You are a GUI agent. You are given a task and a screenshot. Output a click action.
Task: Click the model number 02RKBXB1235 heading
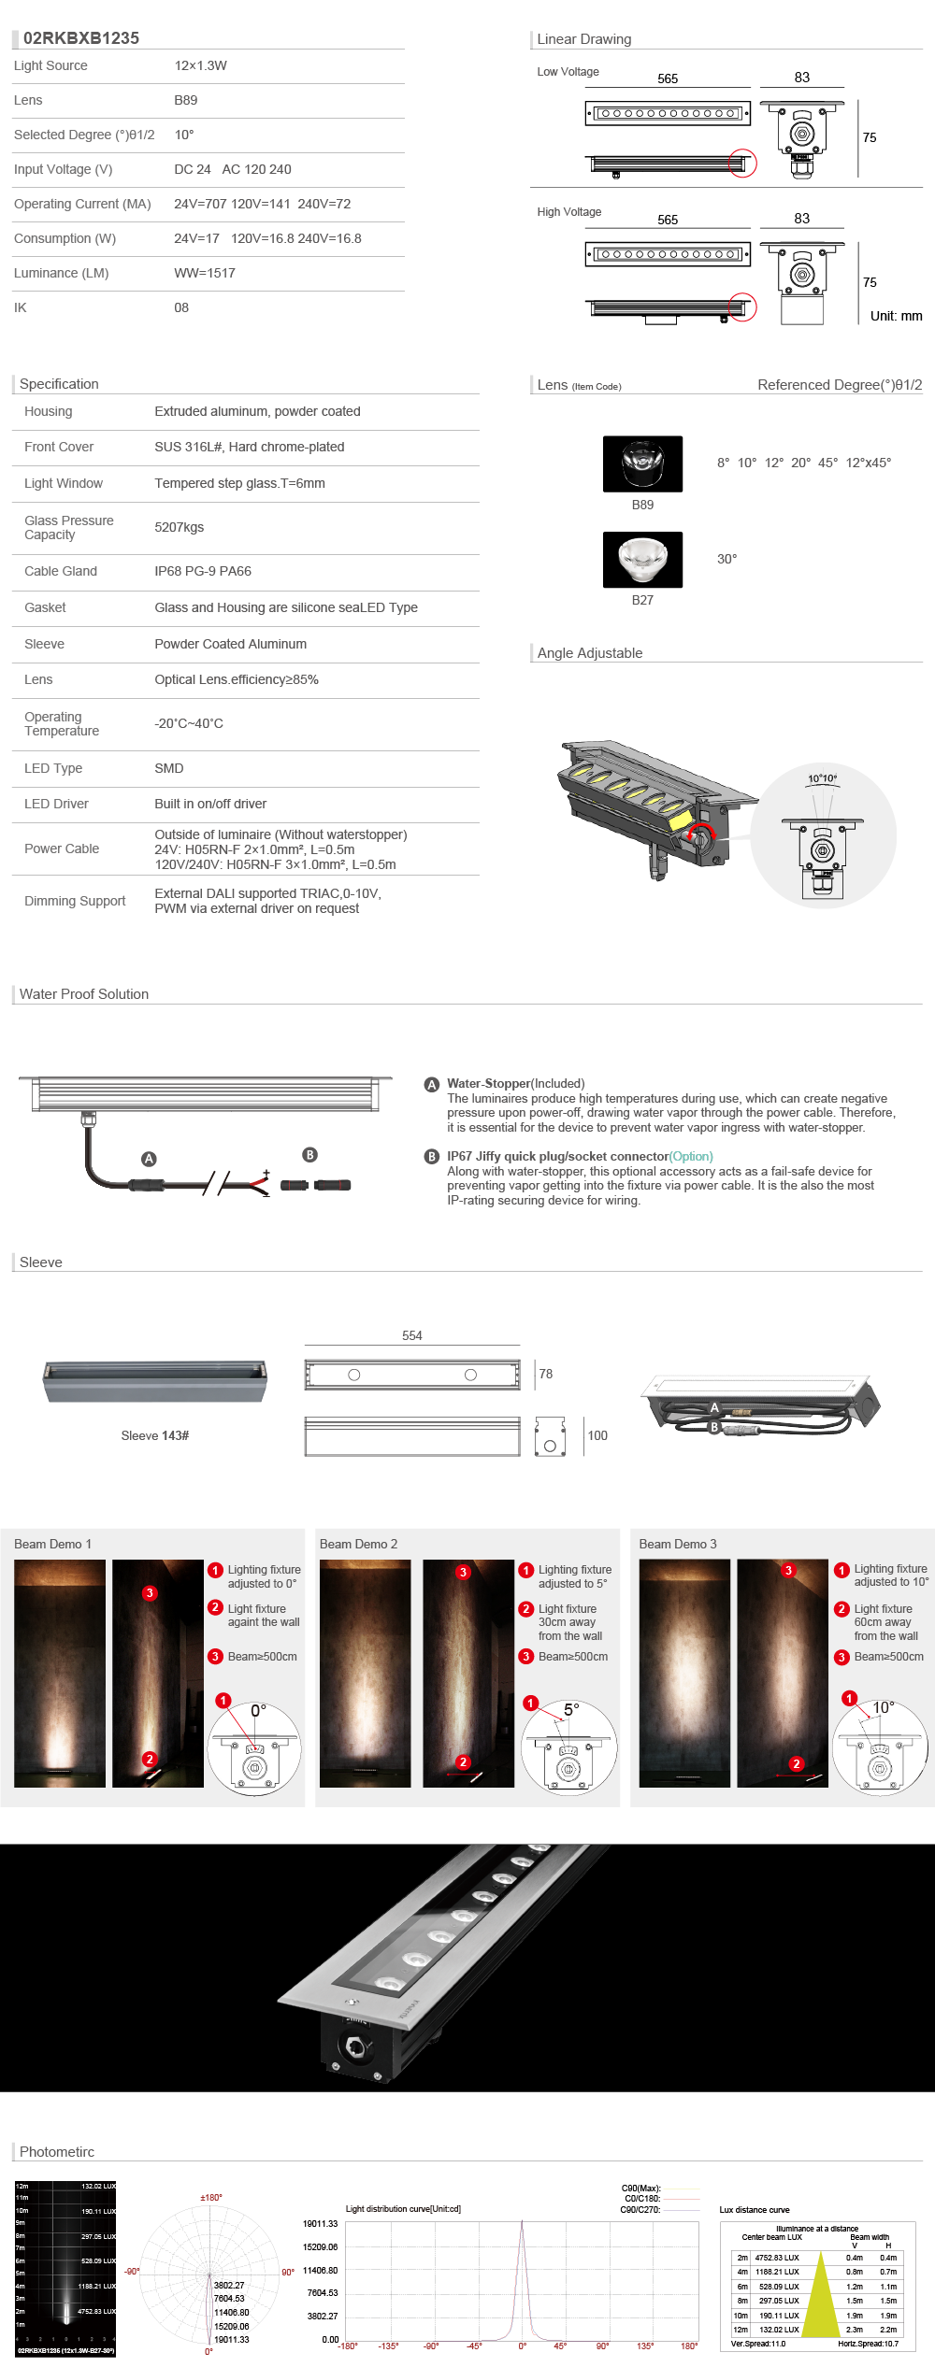[81, 38]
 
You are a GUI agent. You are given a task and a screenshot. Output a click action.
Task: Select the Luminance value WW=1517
[205, 273]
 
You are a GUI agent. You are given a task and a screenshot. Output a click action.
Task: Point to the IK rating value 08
[181, 307]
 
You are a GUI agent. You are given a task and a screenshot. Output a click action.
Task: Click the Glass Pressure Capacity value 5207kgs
[180, 527]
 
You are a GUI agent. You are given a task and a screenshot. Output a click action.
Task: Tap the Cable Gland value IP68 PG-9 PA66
[203, 571]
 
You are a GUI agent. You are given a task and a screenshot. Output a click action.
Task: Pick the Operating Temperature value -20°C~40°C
[189, 723]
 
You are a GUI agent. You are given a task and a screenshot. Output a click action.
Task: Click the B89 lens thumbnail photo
[642, 463]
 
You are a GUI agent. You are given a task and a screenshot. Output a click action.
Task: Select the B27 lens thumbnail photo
[642, 559]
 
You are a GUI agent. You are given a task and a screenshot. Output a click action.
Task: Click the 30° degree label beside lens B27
[726, 559]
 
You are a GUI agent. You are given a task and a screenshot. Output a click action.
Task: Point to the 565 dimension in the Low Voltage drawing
[668, 78]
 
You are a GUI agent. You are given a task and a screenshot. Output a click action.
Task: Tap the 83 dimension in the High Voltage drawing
[802, 219]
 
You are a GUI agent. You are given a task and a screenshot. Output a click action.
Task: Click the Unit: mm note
[896, 316]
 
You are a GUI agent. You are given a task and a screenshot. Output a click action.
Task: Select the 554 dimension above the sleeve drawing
[412, 1335]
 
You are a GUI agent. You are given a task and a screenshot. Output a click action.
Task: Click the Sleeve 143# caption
[155, 1435]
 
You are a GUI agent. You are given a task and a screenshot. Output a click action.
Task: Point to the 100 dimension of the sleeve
[597, 1435]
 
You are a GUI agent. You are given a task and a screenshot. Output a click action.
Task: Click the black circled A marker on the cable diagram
[149, 1159]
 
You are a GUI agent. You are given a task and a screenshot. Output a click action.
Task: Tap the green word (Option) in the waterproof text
[691, 1156]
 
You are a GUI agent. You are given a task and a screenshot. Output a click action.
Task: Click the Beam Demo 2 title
[358, 1544]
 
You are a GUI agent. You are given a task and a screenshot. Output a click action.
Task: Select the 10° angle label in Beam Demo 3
[884, 1707]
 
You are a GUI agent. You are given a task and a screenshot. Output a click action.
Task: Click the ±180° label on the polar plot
[211, 2197]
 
